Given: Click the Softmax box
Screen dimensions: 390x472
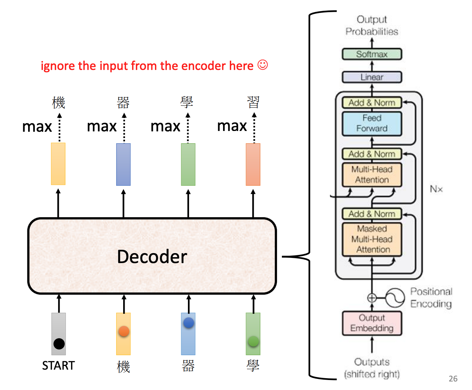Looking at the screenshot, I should pyautogui.click(x=372, y=54).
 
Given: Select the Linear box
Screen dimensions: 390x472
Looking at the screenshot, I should pyautogui.click(x=372, y=77).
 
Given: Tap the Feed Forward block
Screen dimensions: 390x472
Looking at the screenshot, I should pyautogui.click(x=372, y=123).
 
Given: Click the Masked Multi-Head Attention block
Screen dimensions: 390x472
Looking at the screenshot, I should pyautogui.click(x=372, y=239).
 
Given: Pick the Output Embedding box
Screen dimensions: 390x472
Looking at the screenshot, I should pyautogui.click(x=372, y=323).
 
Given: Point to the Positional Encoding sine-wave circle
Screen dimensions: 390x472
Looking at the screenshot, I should pyautogui.click(x=395, y=298).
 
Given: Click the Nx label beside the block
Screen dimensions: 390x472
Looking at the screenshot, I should pyautogui.click(x=436, y=189).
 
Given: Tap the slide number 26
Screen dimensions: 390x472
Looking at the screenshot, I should pyautogui.click(x=453, y=379).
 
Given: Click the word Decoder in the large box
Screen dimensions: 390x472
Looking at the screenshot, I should pyautogui.click(x=152, y=256).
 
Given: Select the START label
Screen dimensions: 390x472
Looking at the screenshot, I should pyautogui.click(x=58, y=366).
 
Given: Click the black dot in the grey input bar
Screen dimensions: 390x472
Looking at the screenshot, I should pyautogui.click(x=59, y=344).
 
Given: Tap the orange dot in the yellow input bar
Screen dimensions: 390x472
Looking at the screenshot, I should pyautogui.click(x=124, y=331).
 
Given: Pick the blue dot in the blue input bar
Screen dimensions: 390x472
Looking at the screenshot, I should pyautogui.click(x=189, y=323).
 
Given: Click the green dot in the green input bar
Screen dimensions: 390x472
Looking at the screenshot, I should pyautogui.click(x=253, y=341).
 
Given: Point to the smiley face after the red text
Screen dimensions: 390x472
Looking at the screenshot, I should pyautogui.click(x=263, y=65).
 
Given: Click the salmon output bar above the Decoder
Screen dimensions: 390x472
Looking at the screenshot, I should pyautogui.click(x=253, y=164).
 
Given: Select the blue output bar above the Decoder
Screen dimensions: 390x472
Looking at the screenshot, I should pyautogui.click(x=123, y=164).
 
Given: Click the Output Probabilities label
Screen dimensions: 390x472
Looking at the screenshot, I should pyautogui.click(x=372, y=26).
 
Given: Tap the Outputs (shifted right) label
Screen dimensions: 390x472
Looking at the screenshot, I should pyautogui.click(x=372, y=368).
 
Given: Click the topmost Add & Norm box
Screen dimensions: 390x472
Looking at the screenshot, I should pyautogui.click(x=372, y=102).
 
